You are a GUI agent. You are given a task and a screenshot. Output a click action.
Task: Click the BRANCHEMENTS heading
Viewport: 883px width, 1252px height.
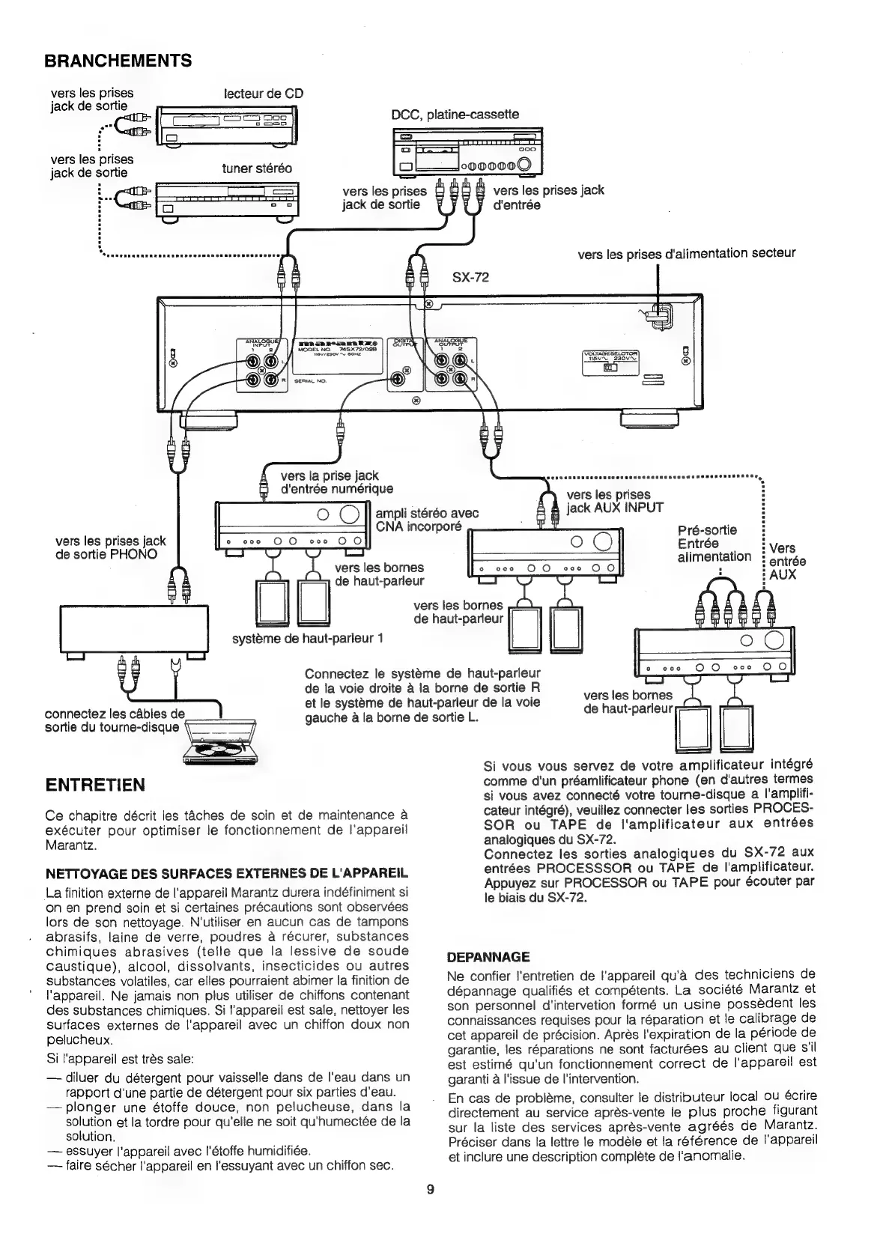[118, 61]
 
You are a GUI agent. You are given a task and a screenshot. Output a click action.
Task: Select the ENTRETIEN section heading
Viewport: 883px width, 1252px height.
[95, 785]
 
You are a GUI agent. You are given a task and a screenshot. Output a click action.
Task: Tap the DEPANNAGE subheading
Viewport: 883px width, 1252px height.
[488, 957]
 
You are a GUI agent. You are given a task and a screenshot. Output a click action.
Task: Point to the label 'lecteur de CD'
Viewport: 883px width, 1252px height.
[264, 94]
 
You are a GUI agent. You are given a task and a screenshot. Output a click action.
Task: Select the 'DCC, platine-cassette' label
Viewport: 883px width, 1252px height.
[455, 115]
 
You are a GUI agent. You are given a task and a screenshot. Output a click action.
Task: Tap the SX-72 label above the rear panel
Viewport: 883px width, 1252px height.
[470, 277]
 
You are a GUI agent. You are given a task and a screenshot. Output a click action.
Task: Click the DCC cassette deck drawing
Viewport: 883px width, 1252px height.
[467, 153]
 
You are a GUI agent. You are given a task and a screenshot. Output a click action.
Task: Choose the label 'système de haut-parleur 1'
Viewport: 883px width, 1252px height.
[308, 639]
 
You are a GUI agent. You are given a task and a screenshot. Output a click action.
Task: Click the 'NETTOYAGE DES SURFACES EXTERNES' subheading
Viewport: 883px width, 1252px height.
[226, 873]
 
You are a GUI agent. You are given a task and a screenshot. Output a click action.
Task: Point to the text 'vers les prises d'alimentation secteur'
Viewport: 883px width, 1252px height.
[686, 253]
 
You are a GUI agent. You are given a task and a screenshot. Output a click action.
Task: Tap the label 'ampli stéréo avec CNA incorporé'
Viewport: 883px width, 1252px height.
[427, 518]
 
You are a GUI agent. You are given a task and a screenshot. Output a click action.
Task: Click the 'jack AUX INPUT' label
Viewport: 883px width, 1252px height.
[615, 508]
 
